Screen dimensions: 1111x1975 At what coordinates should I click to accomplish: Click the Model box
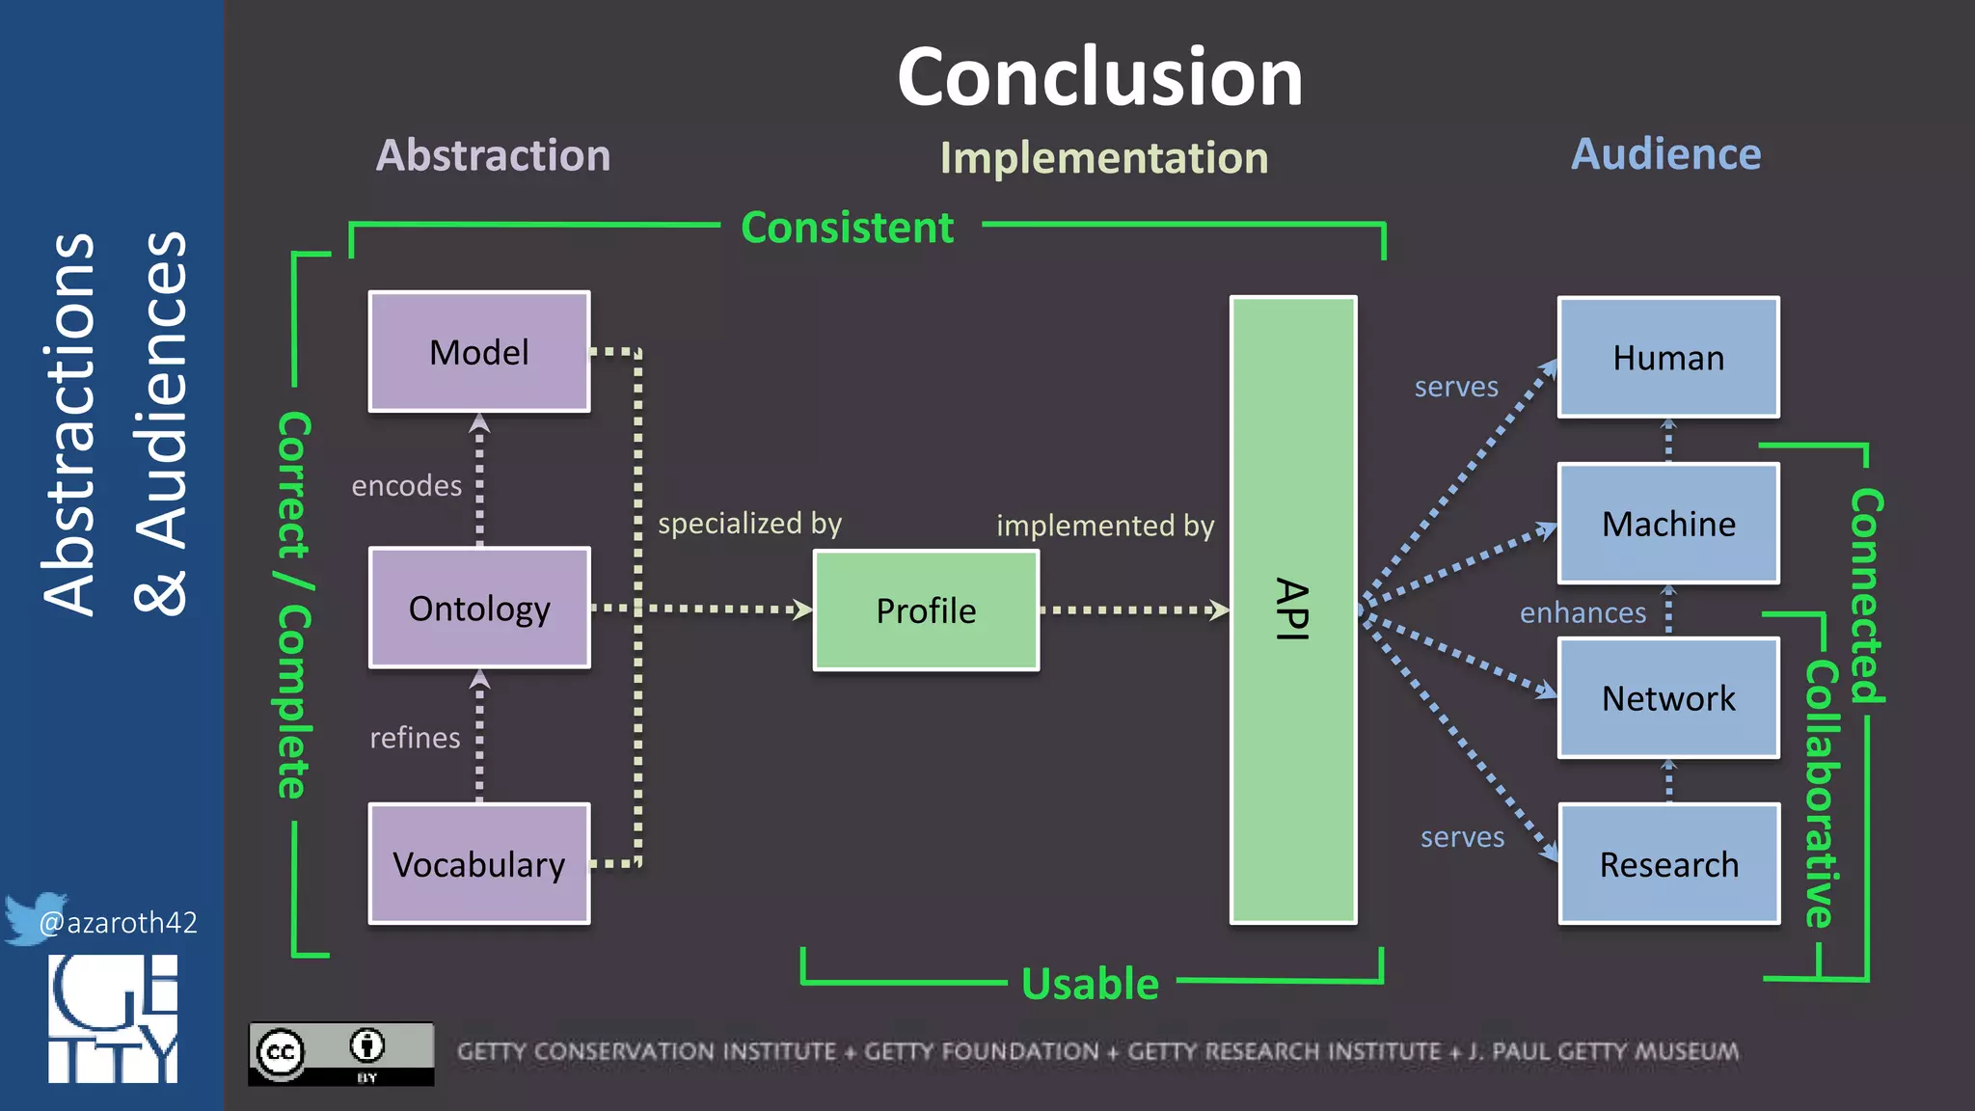[x=479, y=352]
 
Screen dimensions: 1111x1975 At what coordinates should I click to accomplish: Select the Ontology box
[x=479, y=609]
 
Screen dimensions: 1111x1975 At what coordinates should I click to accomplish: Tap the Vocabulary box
[x=479, y=864]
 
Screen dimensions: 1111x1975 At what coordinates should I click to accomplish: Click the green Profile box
[x=926, y=610]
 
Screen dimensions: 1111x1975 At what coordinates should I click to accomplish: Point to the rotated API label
[x=1292, y=610]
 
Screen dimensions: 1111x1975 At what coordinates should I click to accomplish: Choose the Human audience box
[x=1668, y=358]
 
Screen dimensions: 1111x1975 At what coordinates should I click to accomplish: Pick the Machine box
[x=1668, y=524]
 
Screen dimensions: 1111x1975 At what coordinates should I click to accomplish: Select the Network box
[x=1668, y=698]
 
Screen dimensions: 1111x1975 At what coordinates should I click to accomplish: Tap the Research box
[x=1668, y=864]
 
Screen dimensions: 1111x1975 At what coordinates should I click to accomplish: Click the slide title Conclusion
[x=1099, y=77]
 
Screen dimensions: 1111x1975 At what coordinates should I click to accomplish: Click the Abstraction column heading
[x=493, y=155]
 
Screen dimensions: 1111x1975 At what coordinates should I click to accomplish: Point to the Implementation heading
[x=1104, y=158]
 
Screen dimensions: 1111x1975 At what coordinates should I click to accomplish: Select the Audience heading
[x=1665, y=154]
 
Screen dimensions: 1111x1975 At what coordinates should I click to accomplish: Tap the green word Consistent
[x=847, y=229]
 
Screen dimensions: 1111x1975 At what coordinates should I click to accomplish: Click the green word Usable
[x=1090, y=984]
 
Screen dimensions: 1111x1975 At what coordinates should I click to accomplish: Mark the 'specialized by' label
[x=749, y=524]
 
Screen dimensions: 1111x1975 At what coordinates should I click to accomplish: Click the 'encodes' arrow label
[x=406, y=486]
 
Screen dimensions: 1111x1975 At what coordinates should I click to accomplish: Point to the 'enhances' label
[x=1583, y=613]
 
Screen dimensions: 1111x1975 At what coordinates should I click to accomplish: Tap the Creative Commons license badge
[x=340, y=1053]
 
